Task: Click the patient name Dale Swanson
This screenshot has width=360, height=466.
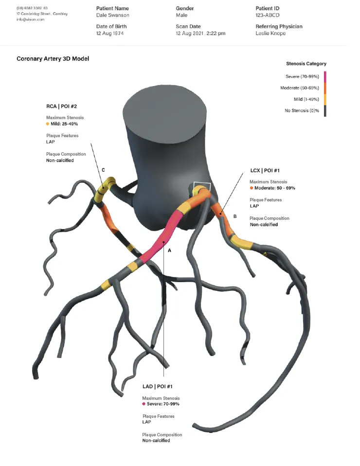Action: coord(113,16)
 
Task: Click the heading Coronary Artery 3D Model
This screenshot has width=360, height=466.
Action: coord(53,59)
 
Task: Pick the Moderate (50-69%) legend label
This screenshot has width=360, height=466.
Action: coord(299,88)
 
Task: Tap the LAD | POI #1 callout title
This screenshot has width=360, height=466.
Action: coord(158,386)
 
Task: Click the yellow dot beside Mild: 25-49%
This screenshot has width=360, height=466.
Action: coord(48,124)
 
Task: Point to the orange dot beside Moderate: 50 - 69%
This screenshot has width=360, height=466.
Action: coord(252,188)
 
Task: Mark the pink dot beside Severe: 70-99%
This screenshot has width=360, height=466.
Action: coord(144,404)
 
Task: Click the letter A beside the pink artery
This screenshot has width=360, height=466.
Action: coord(170,250)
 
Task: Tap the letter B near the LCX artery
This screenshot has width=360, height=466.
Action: coord(235,216)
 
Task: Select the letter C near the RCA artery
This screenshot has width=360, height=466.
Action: coord(103,170)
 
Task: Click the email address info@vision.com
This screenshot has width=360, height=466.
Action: coord(30,19)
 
